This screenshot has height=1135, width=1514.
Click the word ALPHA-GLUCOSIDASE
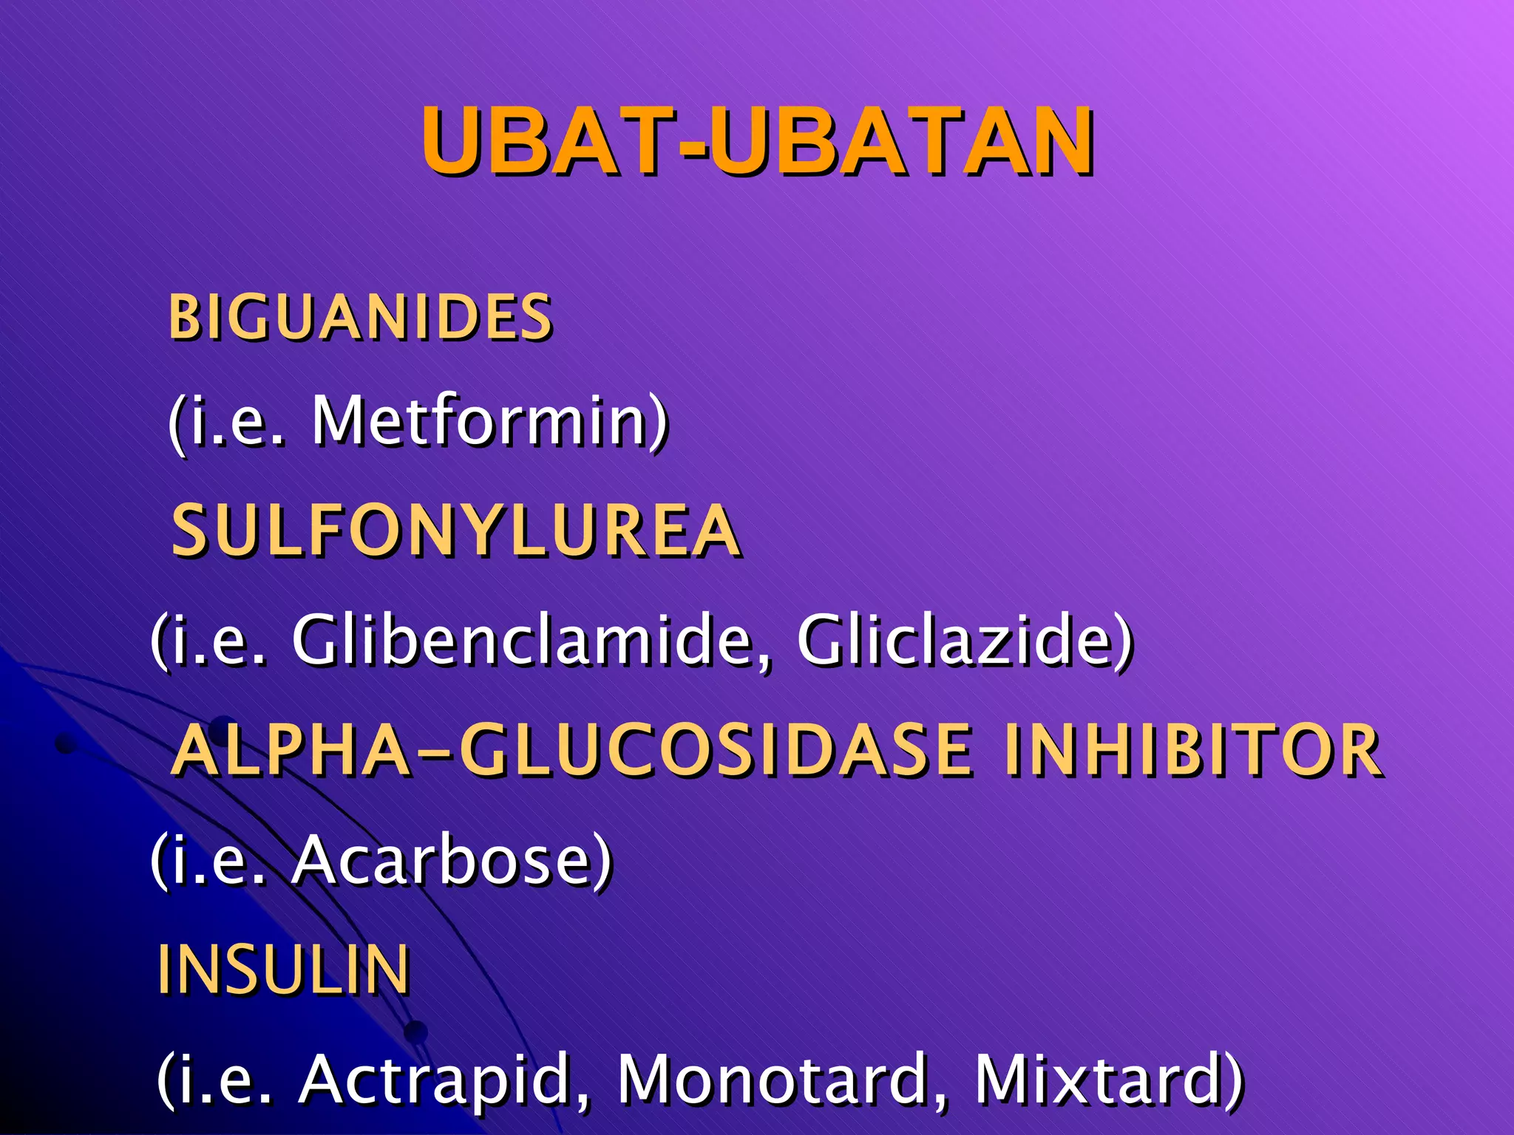coord(571,751)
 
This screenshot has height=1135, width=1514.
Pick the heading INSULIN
coord(284,969)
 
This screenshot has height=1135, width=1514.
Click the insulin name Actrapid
coord(436,1080)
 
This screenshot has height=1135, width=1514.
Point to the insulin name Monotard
coord(773,1080)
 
